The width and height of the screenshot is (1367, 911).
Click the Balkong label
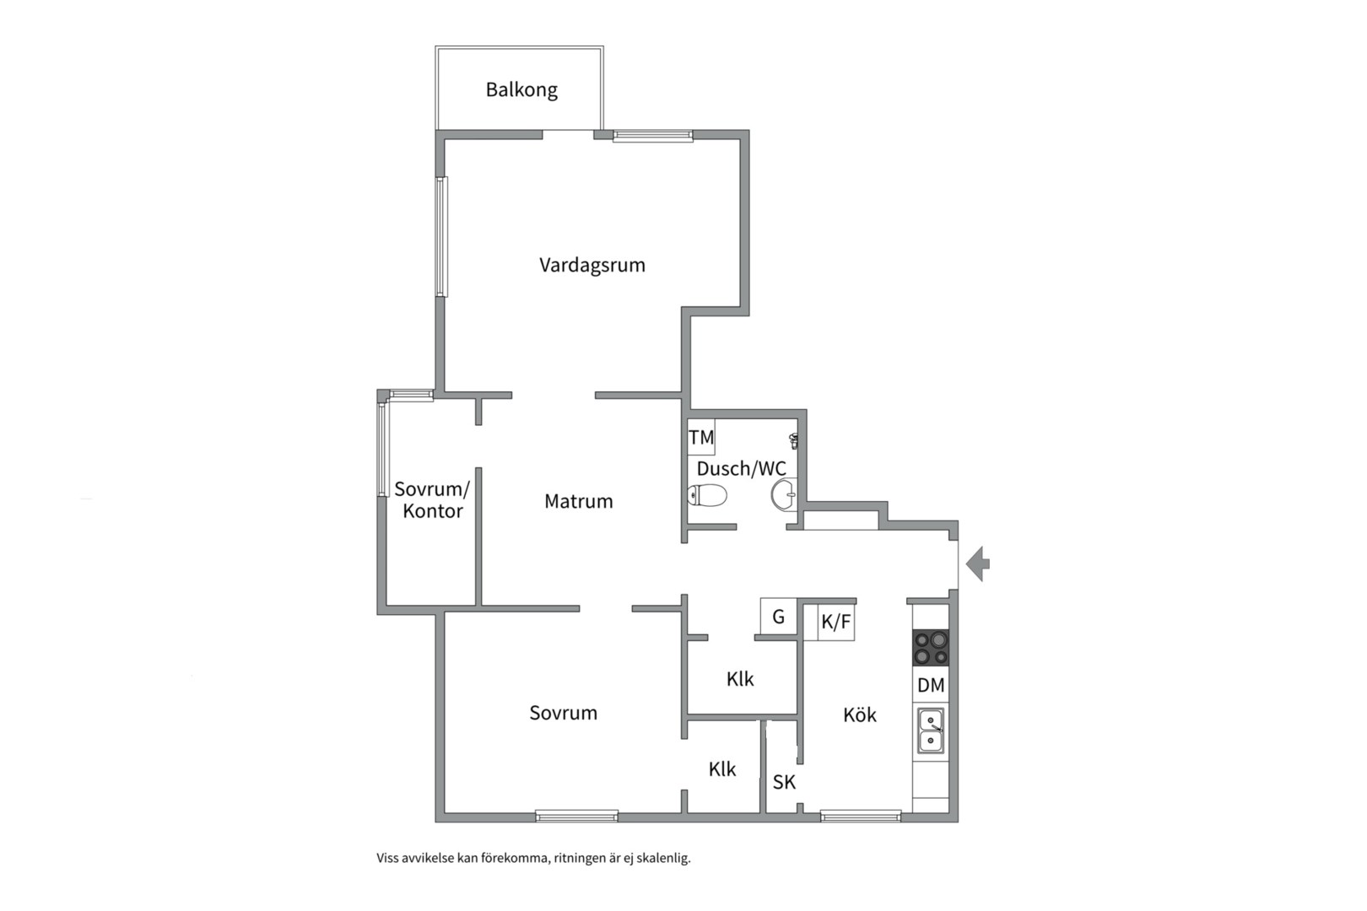pyautogui.click(x=521, y=90)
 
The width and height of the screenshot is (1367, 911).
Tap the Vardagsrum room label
pyautogui.click(x=592, y=265)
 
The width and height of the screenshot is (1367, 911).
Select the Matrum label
pyautogui.click(x=579, y=501)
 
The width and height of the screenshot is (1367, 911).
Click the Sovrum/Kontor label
pyautogui.click(x=432, y=499)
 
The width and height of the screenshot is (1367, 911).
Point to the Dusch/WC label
pyautogui.click(x=742, y=469)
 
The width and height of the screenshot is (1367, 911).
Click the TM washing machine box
pyautogui.click(x=701, y=437)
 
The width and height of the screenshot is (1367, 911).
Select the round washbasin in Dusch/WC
pyautogui.click(x=784, y=495)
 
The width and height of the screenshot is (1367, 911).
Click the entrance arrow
pyautogui.click(x=978, y=563)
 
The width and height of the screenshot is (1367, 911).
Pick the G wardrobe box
pyautogui.click(x=778, y=617)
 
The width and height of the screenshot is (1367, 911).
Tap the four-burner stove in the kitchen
pyautogui.click(x=931, y=648)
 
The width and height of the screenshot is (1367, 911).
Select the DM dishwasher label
pyautogui.click(x=931, y=685)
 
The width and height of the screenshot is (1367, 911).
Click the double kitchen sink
pyautogui.click(x=931, y=730)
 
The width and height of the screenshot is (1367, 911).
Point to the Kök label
pyautogui.click(x=860, y=714)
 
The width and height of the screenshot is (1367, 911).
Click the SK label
pyautogui.click(x=784, y=782)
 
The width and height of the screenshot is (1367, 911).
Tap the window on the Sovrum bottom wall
pyautogui.click(x=576, y=815)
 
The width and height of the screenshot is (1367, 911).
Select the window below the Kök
pyautogui.click(x=861, y=815)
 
